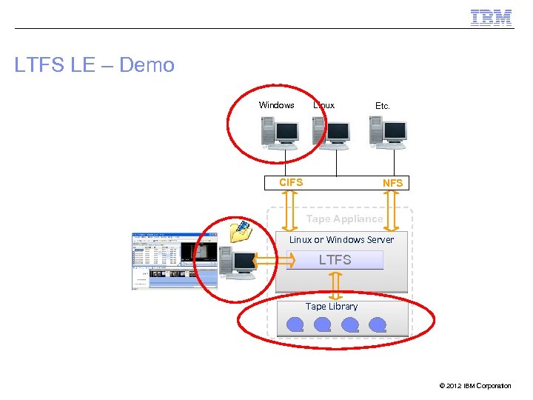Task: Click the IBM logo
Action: pyautogui.click(x=491, y=17)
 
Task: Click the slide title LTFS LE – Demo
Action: pyautogui.click(x=95, y=65)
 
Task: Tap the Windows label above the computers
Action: pyautogui.click(x=277, y=105)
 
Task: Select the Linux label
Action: pyautogui.click(x=324, y=105)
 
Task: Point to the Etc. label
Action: pyautogui.click(x=382, y=106)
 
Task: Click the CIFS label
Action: pyautogui.click(x=291, y=182)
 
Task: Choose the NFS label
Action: pyautogui.click(x=392, y=183)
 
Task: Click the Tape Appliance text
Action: pyautogui.click(x=344, y=219)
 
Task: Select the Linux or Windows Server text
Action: pyautogui.click(x=341, y=239)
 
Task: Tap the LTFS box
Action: pyautogui.click(x=335, y=260)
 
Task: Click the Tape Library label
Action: pyautogui.click(x=332, y=306)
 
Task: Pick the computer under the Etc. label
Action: pyautogui.click(x=388, y=133)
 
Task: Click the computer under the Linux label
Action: pyautogui.click(x=331, y=133)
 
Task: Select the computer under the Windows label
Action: pyautogui.click(x=279, y=133)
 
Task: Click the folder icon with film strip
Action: pyautogui.click(x=241, y=232)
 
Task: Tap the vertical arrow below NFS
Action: pyautogui.click(x=392, y=210)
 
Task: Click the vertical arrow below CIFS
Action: pyautogui.click(x=289, y=210)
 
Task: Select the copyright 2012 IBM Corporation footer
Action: pyautogui.click(x=475, y=386)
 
